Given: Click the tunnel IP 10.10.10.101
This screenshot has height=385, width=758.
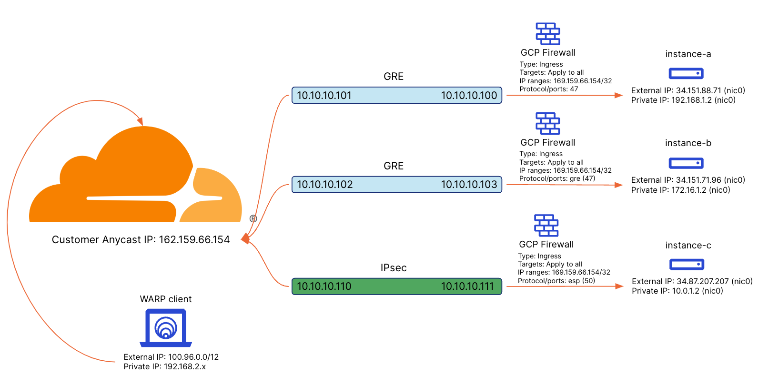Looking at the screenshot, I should point(324,96).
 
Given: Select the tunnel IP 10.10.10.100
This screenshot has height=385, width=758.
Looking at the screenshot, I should point(469,96).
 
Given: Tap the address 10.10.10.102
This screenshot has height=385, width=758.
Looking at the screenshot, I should point(325,185).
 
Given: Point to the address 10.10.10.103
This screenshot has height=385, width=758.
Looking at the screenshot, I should point(469,185).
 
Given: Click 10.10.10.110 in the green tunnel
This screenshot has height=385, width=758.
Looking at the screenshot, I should point(324,286).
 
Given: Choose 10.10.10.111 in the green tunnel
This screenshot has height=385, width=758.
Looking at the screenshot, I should point(467,286).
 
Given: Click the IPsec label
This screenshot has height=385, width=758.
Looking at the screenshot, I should point(394,268).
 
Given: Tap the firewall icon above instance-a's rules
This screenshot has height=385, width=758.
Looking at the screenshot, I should point(548,34).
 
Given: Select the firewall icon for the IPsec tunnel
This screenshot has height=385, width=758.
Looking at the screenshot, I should point(546,226).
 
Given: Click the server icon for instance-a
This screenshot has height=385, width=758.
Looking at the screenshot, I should point(686,73).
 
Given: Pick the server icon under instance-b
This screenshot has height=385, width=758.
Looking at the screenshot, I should point(686,163).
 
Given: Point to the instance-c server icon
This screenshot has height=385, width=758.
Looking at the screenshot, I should point(687,264).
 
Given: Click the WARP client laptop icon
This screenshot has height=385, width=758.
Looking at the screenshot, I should point(166,328).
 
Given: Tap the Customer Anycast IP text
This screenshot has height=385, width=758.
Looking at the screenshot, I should point(141,240).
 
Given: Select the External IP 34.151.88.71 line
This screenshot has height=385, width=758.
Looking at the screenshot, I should point(688,90).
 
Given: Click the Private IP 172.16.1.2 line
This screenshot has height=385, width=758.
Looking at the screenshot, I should point(680,190).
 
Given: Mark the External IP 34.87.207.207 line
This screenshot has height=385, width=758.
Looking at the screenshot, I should point(692,281).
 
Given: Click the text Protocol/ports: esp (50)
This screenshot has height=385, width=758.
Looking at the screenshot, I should point(556,281).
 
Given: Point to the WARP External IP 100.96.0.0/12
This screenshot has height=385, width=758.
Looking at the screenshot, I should point(171,357).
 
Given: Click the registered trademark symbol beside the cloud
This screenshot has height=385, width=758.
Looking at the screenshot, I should point(253,218).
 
